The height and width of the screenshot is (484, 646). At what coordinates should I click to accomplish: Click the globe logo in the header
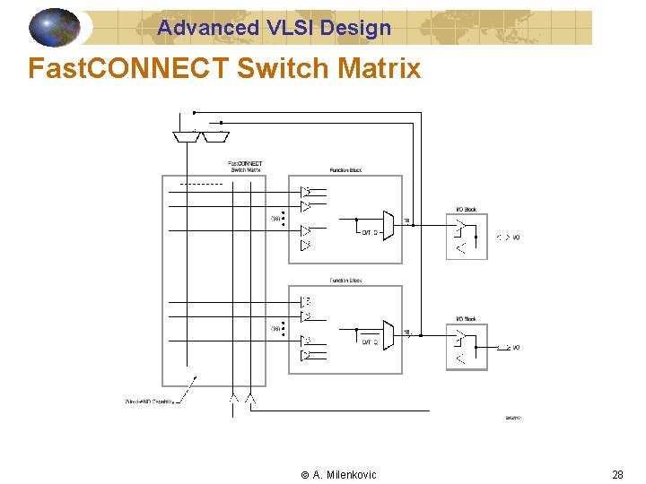55,27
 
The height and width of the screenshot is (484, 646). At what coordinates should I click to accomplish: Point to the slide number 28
616,474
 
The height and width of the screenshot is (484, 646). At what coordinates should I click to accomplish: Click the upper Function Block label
345,170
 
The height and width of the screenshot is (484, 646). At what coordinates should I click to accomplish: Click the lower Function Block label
345,281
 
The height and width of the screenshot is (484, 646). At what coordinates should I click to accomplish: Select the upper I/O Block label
467,210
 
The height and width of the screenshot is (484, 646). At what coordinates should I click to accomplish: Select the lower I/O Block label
467,320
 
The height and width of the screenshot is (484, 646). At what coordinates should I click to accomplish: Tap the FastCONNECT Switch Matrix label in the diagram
244,166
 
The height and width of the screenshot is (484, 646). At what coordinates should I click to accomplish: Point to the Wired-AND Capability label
149,401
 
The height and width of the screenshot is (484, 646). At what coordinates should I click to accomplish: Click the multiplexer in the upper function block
388,224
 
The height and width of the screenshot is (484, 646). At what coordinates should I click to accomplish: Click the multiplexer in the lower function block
388,334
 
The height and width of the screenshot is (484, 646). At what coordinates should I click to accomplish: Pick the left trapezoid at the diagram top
186,137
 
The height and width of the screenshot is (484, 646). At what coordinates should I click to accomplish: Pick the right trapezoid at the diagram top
215,137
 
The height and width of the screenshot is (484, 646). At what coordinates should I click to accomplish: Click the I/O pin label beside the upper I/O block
515,238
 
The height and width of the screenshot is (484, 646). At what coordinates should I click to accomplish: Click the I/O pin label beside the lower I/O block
515,348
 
